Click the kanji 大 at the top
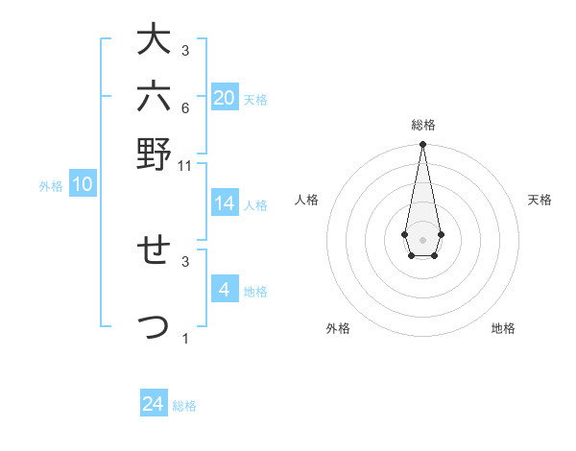[x=154, y=40]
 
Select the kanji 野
[x=154, y=154]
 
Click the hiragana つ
[x=154, y=327]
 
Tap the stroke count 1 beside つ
[x=185, y=339]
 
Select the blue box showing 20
[x=224, y=97]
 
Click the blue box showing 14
[x=224, y=203]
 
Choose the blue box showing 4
[x=224, y=289]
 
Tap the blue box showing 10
[x=82, y=185]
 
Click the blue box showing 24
[x=154, y=404]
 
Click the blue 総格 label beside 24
[x=184, y=406]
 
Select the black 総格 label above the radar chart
[x=422, y=125]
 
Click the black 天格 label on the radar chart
[x=540, y=200]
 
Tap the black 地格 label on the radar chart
[x=503, y=328]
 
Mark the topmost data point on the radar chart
[x=422, y=145]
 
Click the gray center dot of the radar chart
[x=422, y=238]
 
